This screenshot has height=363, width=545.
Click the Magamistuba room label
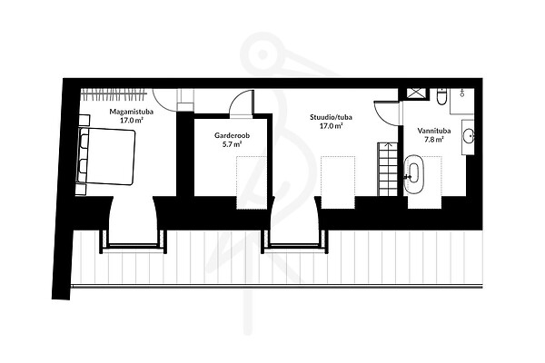coord(132,112)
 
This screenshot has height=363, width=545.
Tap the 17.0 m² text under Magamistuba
coord(132,121)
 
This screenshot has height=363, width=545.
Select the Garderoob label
coord(233,135)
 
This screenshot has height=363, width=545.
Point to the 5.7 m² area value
coord(233,144)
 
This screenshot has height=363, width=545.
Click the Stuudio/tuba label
coord(331,117)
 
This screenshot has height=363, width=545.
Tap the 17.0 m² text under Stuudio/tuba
coord(332,126)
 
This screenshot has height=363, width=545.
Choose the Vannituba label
coord(434,131)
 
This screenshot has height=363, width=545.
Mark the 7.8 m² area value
coord(434,140)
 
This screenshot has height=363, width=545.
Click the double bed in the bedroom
coord(105,156)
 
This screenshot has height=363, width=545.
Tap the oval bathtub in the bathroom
coord(414,173)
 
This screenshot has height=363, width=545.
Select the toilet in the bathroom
coord(441,96)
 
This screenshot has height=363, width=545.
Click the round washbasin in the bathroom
coord(469,136)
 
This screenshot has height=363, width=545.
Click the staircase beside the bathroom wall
coord(388,169)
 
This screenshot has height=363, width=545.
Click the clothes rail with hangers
coord(114,94)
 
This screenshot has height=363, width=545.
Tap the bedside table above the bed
coord(84,120)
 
